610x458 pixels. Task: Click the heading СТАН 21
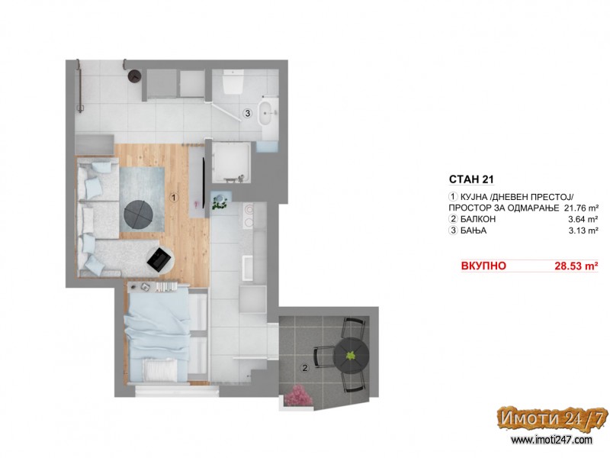[x=471, y=179]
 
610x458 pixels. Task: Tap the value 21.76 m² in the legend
[x=580, y=208]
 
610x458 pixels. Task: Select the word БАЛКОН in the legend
[x=478, y=219]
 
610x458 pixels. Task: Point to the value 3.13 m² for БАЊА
[x=583, y=231]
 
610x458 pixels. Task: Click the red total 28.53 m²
[x=576, y=266]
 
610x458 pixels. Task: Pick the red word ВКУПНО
[x=483, y=266]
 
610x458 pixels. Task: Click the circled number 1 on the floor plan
[x=175, y=198]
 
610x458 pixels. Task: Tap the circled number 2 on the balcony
[x=305, y=368]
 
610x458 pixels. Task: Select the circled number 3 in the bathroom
[x=247, y=114]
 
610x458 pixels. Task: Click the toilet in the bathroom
[x=233, y=82]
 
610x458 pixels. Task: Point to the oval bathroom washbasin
[x=269, y=112]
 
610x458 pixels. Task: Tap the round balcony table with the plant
[x=352, y=355]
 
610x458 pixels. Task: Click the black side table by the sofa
[x=159, y=260]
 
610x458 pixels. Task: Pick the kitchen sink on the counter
[x=249, y=267]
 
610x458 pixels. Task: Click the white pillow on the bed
[x=160, y=369]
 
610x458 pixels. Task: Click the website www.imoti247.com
[x=551, y=440]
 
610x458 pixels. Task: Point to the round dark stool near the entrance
[x=135, y=76]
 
